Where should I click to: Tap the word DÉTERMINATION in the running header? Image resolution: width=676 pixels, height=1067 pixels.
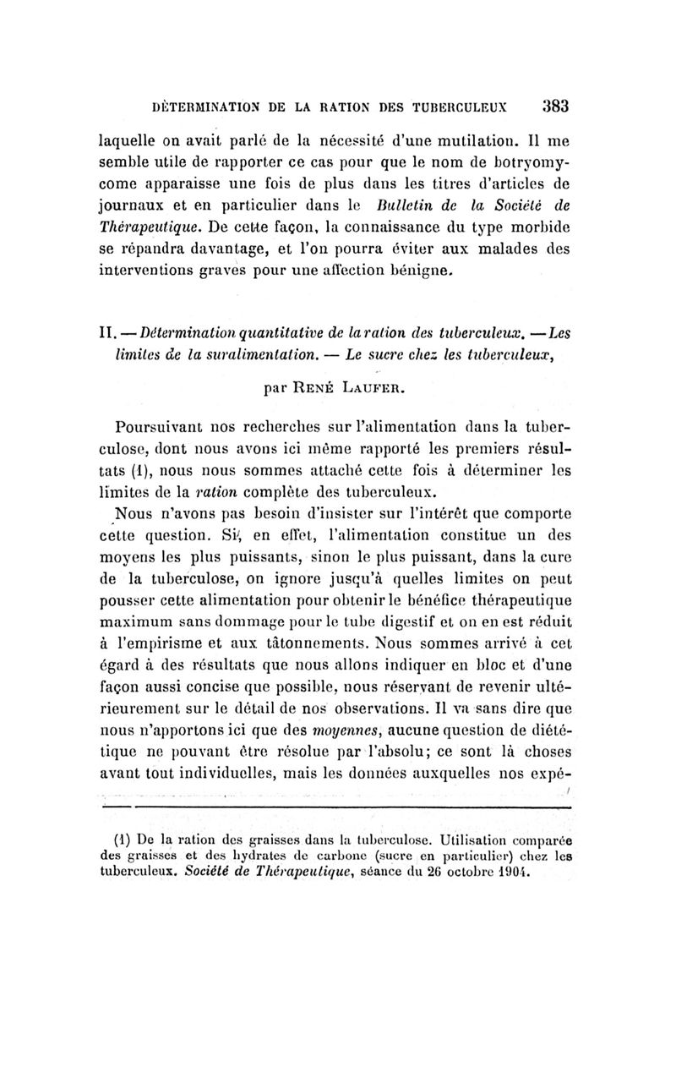197,108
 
